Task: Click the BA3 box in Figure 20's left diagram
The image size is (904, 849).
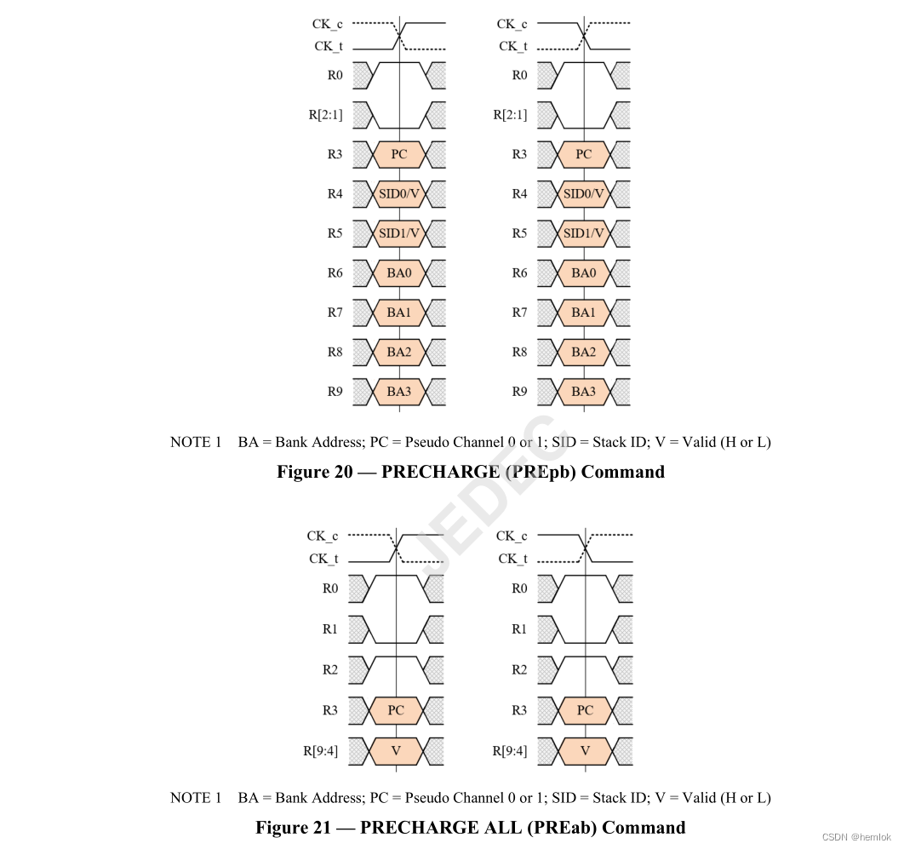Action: [398, 392]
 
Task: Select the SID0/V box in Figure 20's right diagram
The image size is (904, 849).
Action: [583, 194]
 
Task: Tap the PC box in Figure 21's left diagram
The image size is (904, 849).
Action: [397, 710]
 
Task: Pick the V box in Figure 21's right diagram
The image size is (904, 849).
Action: [585, 750]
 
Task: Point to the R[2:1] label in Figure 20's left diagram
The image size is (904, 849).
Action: [325, 115]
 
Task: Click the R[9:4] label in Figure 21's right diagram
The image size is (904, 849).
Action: [510, 750]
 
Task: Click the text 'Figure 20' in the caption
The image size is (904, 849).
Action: [314, 472]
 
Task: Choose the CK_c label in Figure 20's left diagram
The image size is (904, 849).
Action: [328, 25]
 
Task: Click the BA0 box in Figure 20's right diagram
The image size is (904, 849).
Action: [583, 273]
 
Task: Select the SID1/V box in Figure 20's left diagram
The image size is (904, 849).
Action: [398, 233]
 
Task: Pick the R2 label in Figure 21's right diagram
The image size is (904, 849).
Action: [518, 669]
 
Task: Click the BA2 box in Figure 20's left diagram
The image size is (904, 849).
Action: [398, 352]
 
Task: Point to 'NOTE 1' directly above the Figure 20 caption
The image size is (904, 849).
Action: [196, 442]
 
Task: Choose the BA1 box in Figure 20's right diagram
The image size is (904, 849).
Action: [583, 313]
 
